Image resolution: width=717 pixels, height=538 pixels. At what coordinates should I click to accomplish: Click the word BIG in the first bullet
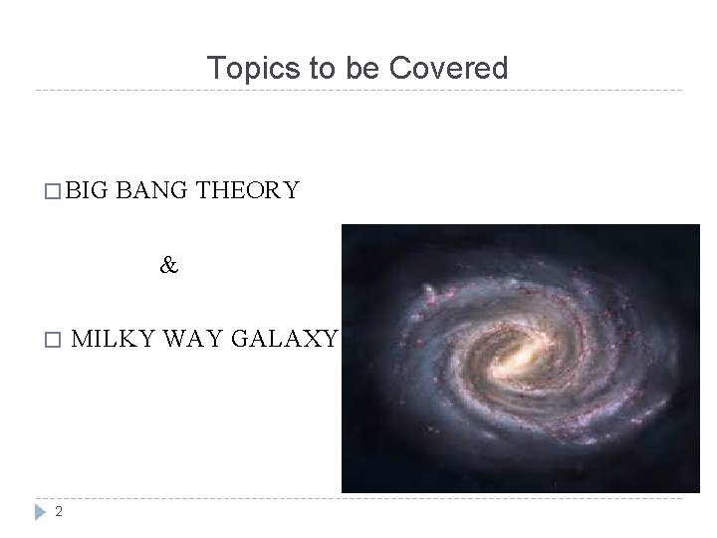pyautogui.click(x=89, y=190)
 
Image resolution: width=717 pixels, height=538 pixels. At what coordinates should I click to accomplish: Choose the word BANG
pyautogui.click(x=154, y=190)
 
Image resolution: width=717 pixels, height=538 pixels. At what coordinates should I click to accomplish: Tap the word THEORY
pyautogui.click(x=248, y=190)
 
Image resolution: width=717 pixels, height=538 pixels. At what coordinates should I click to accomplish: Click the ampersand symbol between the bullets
pyautogui.click(x=169, y=266)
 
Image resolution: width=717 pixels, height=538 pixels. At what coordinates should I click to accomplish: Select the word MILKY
pyautogui.click(x=111, y=339)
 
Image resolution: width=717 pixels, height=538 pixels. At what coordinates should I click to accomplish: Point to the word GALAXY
pyautogui.click(x=287, y=339)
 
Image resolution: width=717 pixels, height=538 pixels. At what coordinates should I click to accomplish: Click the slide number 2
pyautogui.click(x=59, y=511)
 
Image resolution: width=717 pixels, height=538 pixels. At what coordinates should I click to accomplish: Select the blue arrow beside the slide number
pyautogui.click(x=39, y=511)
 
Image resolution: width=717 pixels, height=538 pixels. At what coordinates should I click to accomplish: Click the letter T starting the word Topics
pyautogui.click(x=214, y=69)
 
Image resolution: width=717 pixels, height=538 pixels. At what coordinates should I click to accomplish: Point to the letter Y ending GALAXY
pyautogui.click(x=332, y=339)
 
